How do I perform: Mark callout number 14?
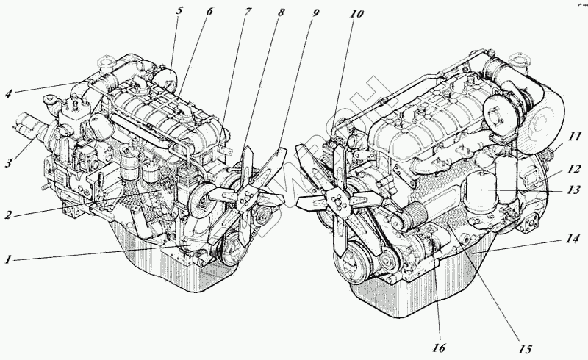click(572, 239)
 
